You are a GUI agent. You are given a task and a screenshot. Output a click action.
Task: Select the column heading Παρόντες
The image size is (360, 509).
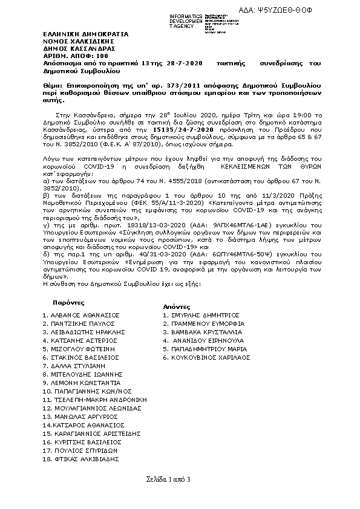point(68,302)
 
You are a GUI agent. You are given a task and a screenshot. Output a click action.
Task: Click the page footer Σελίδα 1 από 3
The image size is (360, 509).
point(168,479)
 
